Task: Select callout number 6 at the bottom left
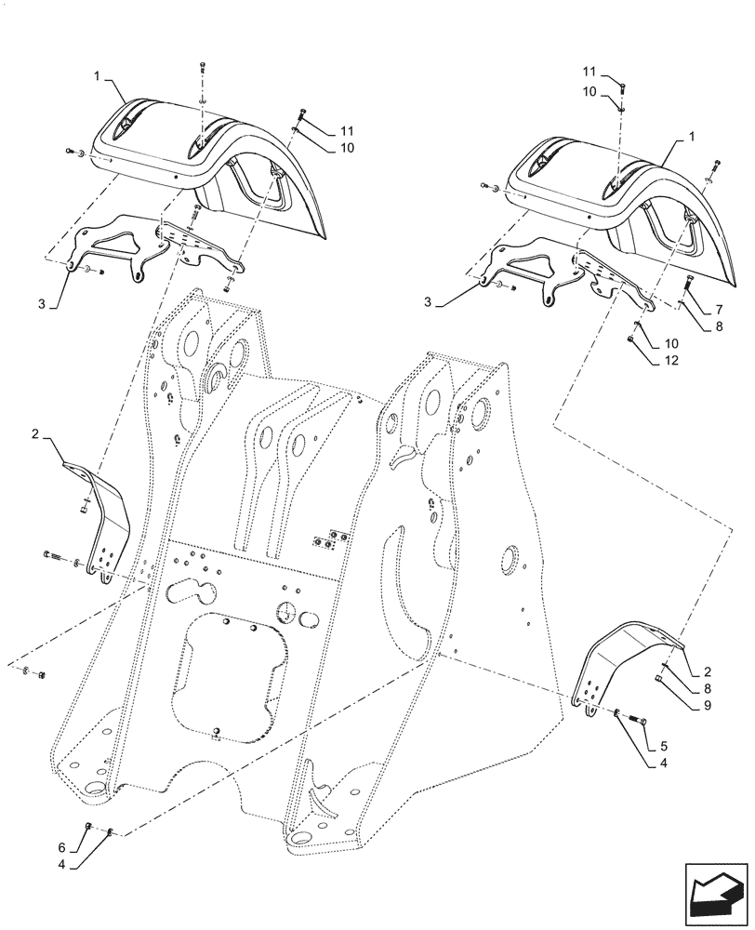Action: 60,849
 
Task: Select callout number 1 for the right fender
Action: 692,137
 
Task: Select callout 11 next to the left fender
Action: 347,129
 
